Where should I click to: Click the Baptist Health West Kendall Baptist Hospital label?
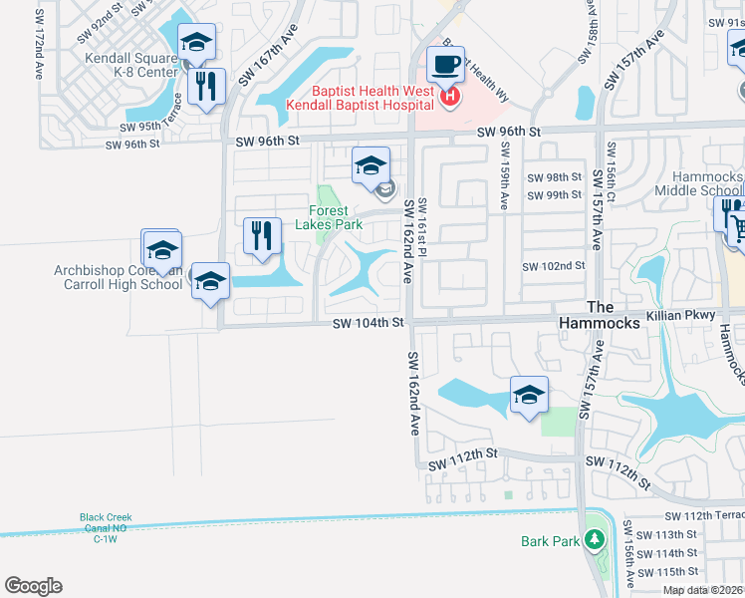[x=360, y=97]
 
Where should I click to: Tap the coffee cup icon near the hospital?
[x=446, y=64]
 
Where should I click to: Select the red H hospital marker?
[x=450, y=96]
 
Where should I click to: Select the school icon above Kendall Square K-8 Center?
[x=196, y=43]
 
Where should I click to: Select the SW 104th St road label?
[x=369, y=322]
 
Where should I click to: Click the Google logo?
[x=33, y=586]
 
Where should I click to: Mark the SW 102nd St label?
[x=554, y=266]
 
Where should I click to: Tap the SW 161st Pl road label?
[x=421, y=229]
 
